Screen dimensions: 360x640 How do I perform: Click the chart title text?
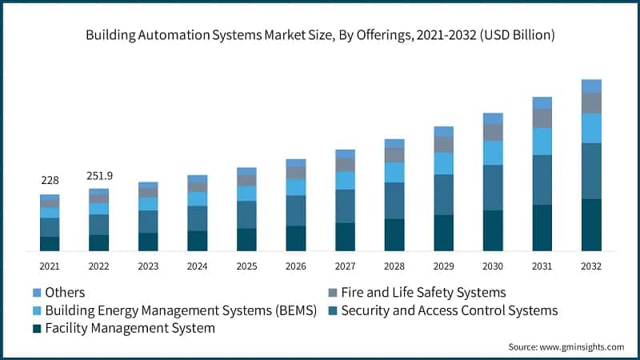coord(320,35)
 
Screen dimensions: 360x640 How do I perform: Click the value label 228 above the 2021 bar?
coord(50,181)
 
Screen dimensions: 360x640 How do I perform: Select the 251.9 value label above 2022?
coord(98,175)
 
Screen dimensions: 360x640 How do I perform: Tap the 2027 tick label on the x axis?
coord(345,266)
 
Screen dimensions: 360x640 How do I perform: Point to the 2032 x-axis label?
coord(591,266)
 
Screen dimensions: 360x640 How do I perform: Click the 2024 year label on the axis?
coord(198,266)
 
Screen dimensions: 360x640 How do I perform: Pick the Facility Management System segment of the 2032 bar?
coord(591,225)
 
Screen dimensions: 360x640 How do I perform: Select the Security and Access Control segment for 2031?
coord(542,179)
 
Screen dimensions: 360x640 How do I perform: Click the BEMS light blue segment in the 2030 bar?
coord(493,153)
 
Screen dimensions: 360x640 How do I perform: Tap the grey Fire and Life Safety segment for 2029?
coord(444,144)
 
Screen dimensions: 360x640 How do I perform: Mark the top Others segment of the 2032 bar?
coord(591,86)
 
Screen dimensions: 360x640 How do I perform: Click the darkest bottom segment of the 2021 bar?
coord(50,243)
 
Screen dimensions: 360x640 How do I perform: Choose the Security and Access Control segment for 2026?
coord(296,210)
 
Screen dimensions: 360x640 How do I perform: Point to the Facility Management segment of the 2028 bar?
coord(394,234)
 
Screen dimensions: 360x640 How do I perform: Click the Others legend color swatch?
coord(37,293)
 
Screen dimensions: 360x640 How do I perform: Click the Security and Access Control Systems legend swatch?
coord(334,310)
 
